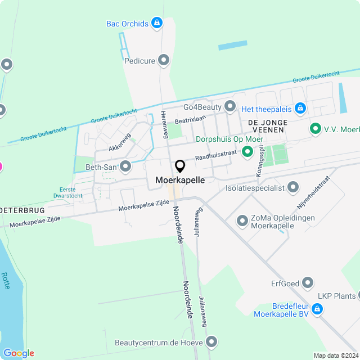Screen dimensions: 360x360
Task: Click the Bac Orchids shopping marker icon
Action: click(x=157, y=24)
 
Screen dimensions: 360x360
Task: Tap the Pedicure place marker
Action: click(x=164, y=60)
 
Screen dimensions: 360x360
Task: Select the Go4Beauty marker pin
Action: click(x=230, y=106)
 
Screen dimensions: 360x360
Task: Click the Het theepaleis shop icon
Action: click(x=300, y=107)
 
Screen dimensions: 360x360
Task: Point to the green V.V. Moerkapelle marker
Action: click(x=316, y=129)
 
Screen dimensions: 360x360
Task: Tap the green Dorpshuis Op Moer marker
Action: click(x=246, y=151)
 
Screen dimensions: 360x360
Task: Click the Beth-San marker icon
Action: click(x=125, y=166)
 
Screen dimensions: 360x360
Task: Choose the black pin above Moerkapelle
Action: click(x=180, y=166)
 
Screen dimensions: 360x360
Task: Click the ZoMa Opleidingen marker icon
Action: click(x=242, y=221)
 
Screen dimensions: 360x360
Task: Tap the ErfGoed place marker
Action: click(x=308, y=282)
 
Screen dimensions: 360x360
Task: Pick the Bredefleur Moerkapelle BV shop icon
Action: click(x=317, y=309)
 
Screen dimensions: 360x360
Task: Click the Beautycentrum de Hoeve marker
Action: click(x=211, y=341)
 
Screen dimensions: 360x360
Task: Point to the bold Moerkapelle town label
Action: click(x=180, y=181)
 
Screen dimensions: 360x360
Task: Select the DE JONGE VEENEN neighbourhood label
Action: click(x=268, y=126)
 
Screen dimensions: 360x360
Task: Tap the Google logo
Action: click(x=19, y=353)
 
